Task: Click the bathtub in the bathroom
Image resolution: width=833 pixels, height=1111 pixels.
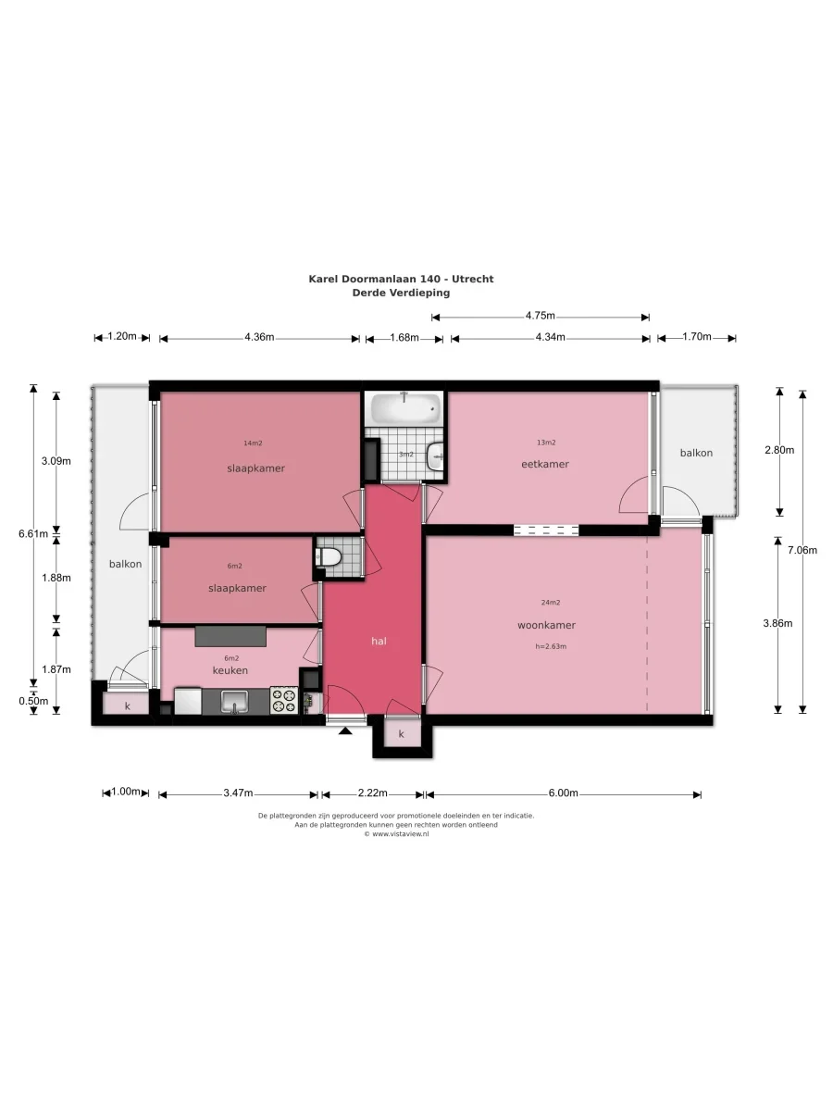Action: pyautogui.click(x=405, y=409)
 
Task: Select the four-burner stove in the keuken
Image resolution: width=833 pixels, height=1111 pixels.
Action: pyautogui.click(x=284, y=700)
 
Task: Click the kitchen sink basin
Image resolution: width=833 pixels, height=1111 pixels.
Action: pyautogui.click(x=234, y=702)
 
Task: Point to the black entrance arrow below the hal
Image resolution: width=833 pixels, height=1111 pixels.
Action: pyautogui.click(x=345, y=730)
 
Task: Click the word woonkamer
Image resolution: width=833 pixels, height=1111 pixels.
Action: pyautogui.click(x=546, y=625)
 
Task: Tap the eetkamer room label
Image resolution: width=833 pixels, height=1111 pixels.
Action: pyautogui.click(x=545, y=464)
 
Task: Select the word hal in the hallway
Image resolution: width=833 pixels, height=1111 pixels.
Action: pyautogui.click(x=379, y=642)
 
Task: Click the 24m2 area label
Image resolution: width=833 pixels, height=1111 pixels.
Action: pyautogui.click(x=551, y=603)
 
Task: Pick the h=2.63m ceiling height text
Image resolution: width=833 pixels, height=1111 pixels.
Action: pyautogui.click(x=551, y=646)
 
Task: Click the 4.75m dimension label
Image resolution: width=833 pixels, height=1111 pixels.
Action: pyautogui.click(x=541, y=316)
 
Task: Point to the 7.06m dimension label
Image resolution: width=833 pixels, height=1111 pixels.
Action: pyautogui.click(x=802, y=550)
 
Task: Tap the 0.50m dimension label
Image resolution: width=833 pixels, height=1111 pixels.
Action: pyautogui.click(x=33, y=701)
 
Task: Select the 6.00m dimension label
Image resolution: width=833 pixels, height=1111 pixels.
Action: pyautogui.click(x=564, y=793)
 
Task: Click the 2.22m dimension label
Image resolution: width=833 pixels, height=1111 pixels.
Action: pyautogui.click(x=373, y=793)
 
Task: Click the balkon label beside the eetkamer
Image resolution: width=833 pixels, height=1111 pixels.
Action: pyautogui.click(x=696, y=453)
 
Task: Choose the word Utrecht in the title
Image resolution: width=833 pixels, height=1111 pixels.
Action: pyautogui.click(x=472, y=279)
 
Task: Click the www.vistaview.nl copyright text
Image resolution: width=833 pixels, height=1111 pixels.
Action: pyautogui.click(x=396, y=834)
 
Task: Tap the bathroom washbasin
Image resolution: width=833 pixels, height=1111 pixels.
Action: pyautogui.click(x=435, y=456)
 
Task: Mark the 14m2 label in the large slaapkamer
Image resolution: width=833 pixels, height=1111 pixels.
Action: pyautogui.click(x=253, y=443)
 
